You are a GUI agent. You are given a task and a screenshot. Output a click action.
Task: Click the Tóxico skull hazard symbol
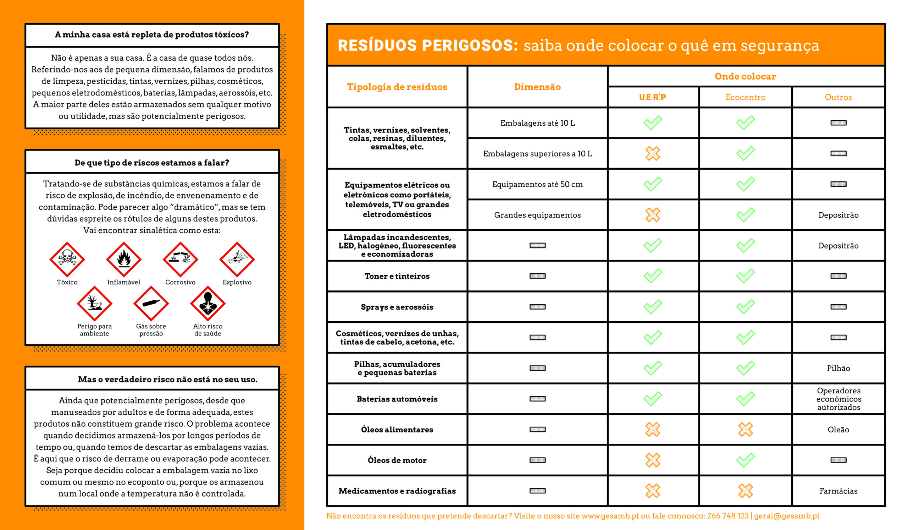[67, 259]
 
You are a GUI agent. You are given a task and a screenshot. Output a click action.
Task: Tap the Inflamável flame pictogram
[123, 259]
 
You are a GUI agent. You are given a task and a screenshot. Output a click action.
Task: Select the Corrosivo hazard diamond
[180, 259]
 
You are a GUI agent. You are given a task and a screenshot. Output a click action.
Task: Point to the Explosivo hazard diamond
[237, 259]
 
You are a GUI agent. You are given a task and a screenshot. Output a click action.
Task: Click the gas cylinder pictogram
[151, 303]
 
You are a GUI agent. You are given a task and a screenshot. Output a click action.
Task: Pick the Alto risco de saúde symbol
[207, 303]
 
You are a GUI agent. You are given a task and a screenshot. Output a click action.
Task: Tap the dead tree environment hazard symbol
[94, 303]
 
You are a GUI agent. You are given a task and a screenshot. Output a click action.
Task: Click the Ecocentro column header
[745, 97]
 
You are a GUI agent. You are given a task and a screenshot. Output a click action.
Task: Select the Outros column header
[838, 97]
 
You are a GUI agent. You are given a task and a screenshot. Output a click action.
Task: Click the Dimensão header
[537, 87]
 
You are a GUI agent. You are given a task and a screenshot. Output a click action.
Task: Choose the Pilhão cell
[838, 368]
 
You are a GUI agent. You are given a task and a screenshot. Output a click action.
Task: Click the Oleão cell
[838, 430]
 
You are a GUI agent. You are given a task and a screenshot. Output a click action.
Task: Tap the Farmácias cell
[838, 491]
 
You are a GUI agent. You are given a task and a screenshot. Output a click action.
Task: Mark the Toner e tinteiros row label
[397, 276]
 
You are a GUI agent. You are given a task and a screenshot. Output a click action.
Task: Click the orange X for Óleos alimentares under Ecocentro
[745, 430]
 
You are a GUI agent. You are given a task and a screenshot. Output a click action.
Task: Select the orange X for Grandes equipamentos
[653, 215]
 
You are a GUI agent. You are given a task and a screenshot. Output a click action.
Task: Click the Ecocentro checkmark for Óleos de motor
[745, 460]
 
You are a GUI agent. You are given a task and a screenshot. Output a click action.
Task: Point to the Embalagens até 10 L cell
[537, 123]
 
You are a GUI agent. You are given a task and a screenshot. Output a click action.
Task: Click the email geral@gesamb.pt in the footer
[787, 516]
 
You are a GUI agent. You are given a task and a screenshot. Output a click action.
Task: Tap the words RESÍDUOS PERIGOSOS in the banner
[428, 45]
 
